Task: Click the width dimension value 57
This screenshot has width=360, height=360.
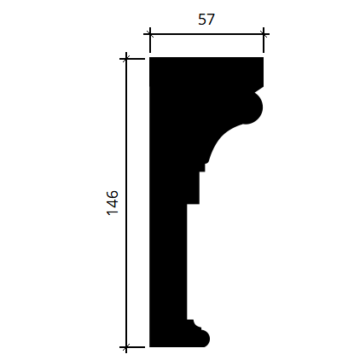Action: pyautogui.click(x=206, y=20)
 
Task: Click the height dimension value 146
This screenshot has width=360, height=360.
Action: pyautogui.click(x=113, y=203)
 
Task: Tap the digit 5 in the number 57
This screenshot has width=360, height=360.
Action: pyautogui.click(x=202, y=20)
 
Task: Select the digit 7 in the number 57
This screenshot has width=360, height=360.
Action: pyautogui.click(x=211, y=20)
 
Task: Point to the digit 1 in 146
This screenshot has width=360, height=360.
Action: pyautogui.click(x=113, y=212)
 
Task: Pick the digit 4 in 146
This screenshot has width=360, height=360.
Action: pyautogui.click(x=113, y=203)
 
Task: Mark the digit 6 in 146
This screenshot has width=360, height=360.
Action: pyautogui.click(x=113, y=195)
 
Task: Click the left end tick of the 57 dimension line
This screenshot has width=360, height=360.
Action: pyautogui.click(x=150, y=35)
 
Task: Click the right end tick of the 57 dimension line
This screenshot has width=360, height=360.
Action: pyautogui.click(x=264, y=35)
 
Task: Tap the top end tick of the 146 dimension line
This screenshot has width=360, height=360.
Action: pyautogui.click(x=126, y=59)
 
